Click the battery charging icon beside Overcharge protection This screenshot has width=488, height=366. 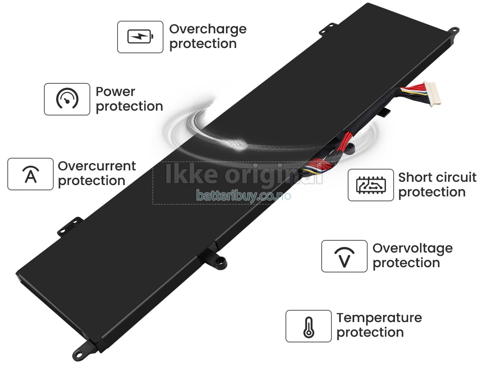(x=140, y=37)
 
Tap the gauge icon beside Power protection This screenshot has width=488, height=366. (x=67, y=99)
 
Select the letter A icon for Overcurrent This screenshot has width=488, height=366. (x=30, y=174)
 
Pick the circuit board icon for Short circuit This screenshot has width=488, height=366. (x=371, y=185)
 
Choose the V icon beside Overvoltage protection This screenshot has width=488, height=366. (x=344, y=256)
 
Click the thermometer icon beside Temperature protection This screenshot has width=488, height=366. (x=309, y=326)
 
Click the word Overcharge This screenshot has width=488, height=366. (x=208, y=29)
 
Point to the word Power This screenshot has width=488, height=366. (x=115, y=92)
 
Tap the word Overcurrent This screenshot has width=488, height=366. (x=97, y=166)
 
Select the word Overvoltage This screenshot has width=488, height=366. (x=412, y=248)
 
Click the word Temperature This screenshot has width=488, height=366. (x=379, y=318)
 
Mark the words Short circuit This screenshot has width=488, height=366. (x=437, y=178)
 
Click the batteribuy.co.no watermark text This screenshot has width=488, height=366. (x=244, y=196)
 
